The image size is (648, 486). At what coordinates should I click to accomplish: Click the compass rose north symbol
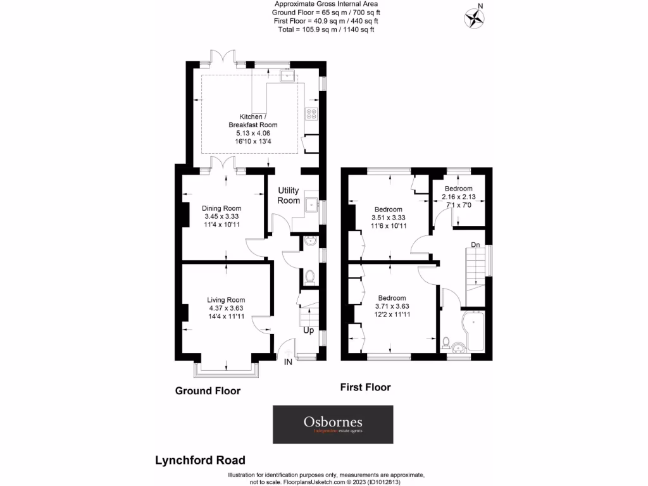(473, 18)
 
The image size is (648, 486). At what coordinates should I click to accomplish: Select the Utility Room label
(289, 196)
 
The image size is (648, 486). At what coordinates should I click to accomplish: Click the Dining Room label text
(221, 208)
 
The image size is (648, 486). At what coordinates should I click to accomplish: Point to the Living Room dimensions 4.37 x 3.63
(226, 308)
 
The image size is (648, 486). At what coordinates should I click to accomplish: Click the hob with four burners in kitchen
(312, 115)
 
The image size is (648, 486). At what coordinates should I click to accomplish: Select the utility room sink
(311, 206)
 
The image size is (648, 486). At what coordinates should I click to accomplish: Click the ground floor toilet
(309, 277)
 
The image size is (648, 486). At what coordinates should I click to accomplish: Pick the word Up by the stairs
(308, 330)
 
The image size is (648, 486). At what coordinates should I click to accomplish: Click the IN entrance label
(288, 362)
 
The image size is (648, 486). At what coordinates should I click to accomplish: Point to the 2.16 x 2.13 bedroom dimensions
(458, 197)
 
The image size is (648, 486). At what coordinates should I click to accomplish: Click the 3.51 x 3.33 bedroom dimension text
(388, 218)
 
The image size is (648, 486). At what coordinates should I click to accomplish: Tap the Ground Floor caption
(208, 391)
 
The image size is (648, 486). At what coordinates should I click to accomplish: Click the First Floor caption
(365, 387)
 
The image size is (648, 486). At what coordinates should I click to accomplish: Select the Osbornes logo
(333, 424)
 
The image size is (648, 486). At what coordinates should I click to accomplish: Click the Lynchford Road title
(200, 460)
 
